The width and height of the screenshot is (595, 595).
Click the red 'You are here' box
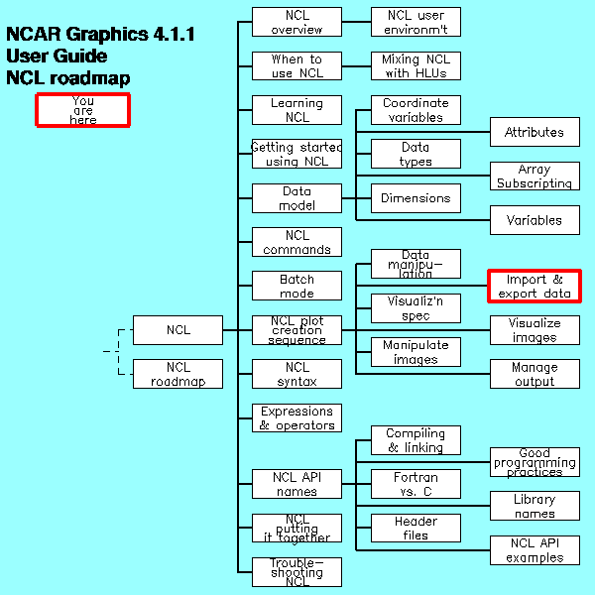[x=83, y=109]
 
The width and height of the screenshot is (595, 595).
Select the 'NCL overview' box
[x=297, y=22]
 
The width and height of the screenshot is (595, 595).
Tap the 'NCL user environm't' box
[x=416, y=22]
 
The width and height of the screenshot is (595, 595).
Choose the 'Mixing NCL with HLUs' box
[x=416, y=65]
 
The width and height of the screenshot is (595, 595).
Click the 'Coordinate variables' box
[x=416, y=109]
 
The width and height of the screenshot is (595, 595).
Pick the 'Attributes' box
[x=535, y=132]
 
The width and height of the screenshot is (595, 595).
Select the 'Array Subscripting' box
[x=535, y=176]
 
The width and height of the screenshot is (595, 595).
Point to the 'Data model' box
[x=297, y=197]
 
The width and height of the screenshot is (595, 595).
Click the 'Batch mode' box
[x=297, y=286]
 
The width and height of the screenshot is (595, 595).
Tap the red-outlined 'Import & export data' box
[x=535, y=286]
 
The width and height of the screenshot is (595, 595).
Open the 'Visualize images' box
[x=535, y=330]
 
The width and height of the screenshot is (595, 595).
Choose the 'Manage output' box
[x=535, y=374]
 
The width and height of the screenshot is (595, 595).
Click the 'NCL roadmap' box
[x=178, y=374]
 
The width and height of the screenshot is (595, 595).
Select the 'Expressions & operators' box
[x=297, y=417]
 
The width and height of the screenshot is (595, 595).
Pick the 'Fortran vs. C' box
[x=416, y=484]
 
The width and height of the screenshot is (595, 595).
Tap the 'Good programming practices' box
[x=535, y=462]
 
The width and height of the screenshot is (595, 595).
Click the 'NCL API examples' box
[x=535, y=549]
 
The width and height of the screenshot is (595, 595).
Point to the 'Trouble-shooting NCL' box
[x=297, y=571]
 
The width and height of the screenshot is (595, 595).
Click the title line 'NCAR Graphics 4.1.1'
[x=100, y=35]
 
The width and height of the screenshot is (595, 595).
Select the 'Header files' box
[x=416, y=528]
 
